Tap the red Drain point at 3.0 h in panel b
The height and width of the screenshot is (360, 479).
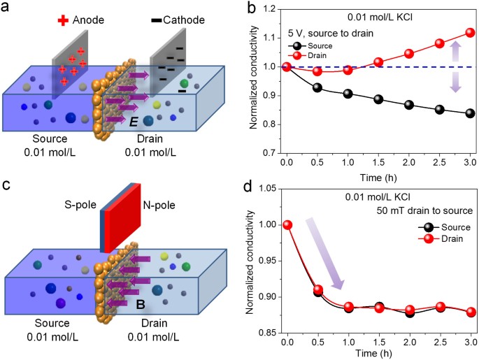click(460, 32)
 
